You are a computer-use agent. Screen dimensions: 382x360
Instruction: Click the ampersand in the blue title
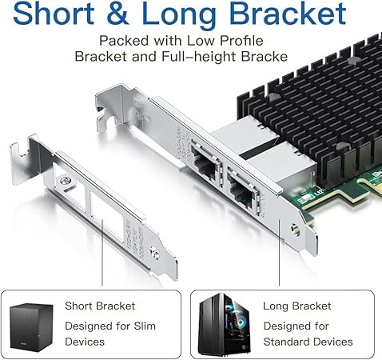117,14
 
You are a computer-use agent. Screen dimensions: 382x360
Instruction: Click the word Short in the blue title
54,14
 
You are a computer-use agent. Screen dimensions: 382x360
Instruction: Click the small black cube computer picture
31,327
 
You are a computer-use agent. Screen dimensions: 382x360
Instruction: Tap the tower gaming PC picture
225,325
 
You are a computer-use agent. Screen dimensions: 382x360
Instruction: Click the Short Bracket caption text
100,306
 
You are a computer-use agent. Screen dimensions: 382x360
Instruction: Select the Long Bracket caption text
297,306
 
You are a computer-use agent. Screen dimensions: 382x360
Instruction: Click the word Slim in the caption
145,326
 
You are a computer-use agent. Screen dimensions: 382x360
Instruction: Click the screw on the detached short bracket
65,181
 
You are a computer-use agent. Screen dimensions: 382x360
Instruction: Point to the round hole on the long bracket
295,230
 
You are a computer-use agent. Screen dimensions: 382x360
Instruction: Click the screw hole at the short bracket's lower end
155,253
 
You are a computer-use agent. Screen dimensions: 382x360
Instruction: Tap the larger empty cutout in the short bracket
107,217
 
